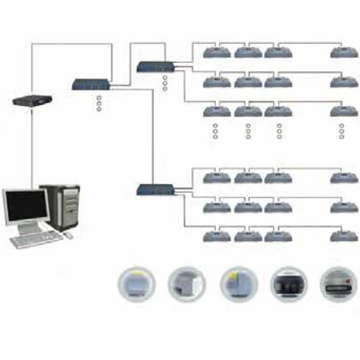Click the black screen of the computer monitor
(x=25, y=206)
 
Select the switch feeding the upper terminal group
(x=155, y=67)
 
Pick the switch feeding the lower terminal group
(x=155, y=190)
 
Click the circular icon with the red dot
(x=337, y=282)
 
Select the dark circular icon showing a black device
(x=289, y=283)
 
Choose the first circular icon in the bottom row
(x=136, y=282)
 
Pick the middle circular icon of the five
(x=238, y=282)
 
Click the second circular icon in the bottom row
(x=187, y=282)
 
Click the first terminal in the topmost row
(x=217, y=52)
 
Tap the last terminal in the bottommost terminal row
(x=344, y=235)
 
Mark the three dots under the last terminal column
(x=341, y=131)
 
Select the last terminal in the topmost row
(x=344, y=52)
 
